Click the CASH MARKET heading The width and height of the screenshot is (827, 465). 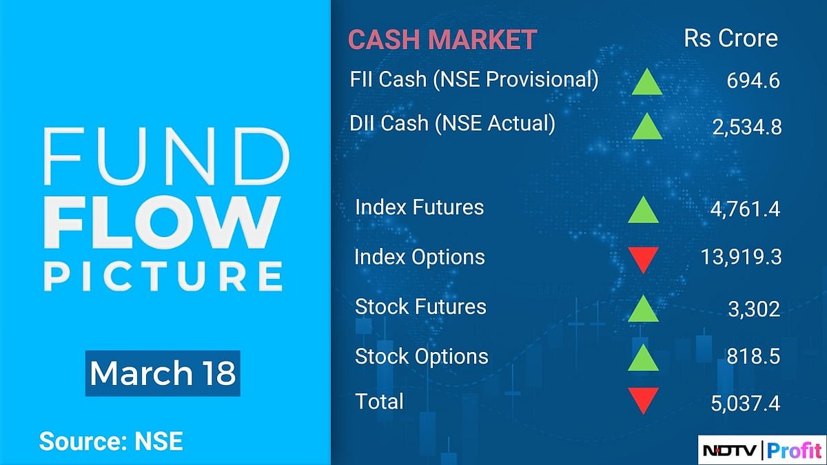[442, 39]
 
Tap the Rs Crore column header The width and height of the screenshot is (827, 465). [730, 39]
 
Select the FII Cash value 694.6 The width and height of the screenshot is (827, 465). [753, 81]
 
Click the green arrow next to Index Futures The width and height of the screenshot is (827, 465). [644, 209]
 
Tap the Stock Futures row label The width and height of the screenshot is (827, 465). [420, 307]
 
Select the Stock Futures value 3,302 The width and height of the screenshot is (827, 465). [755, 309]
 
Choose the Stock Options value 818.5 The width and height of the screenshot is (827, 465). [753, 358]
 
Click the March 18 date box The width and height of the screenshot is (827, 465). [163, 373]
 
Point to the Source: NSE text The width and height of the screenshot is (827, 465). [111, 441]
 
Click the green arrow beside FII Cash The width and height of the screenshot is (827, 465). [646, 82]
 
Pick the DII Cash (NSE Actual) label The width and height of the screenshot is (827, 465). [452, 123]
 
